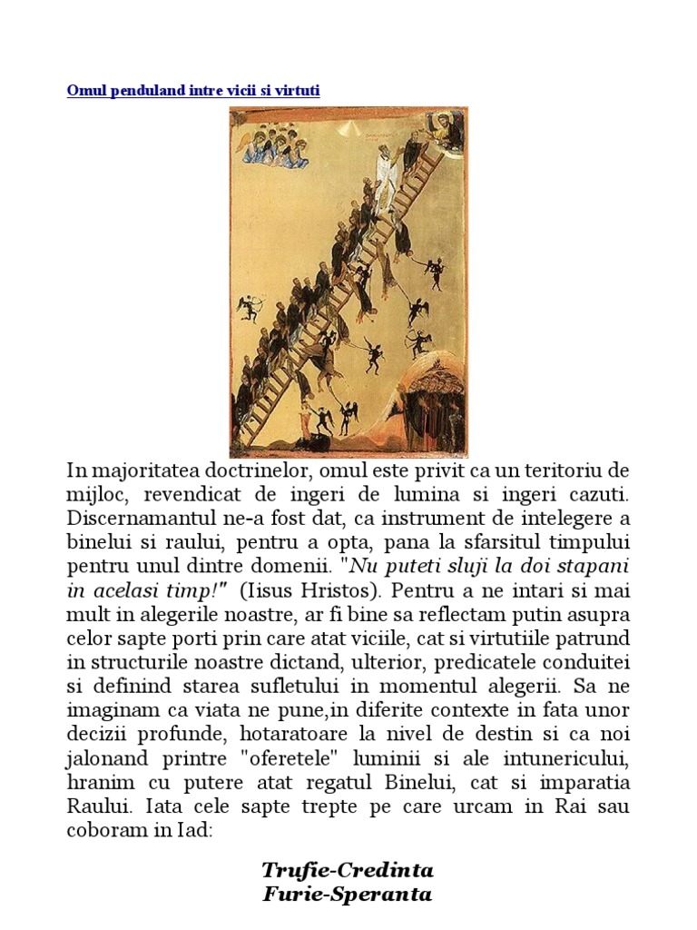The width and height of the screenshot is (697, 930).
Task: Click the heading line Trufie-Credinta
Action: pos(348,870)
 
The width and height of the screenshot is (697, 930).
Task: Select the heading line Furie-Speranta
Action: pos(348,894)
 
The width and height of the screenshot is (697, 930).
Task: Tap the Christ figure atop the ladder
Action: pos(447,127)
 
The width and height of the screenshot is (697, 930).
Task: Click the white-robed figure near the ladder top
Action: pos(387,181)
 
